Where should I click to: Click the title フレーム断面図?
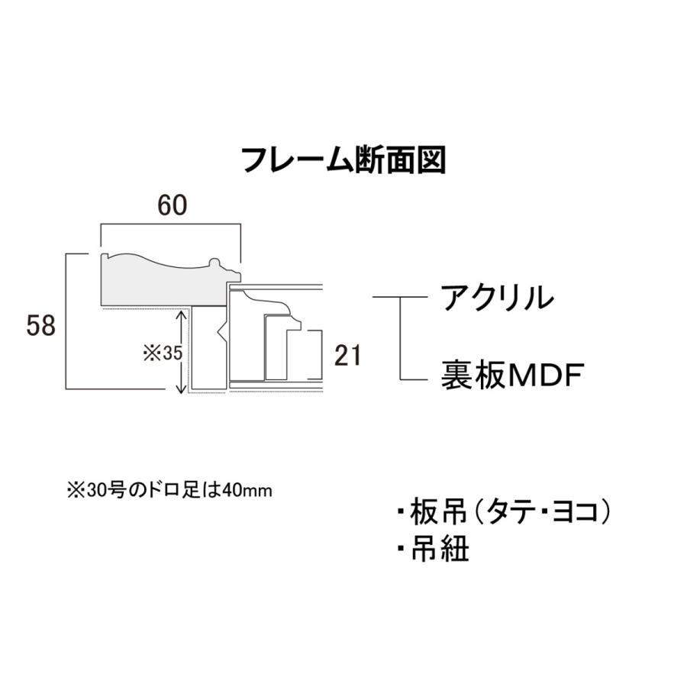pyautogui.click(x=343, y=161)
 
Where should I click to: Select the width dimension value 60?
pyautogui.click(x=171, y=205)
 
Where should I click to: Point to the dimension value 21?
pyautogui.click(x=347, y=355)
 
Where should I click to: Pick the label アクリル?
pyautogui.click(x=495, y=297)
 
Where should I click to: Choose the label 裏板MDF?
pyautogui.click(x=512, y=376)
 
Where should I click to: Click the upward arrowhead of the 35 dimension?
pyautogui.click(x=182, y=313)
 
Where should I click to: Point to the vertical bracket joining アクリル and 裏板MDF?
pyautogui.click(x=402, y=337)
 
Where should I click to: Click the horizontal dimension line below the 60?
pyautogui.click(x=171, y=225)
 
